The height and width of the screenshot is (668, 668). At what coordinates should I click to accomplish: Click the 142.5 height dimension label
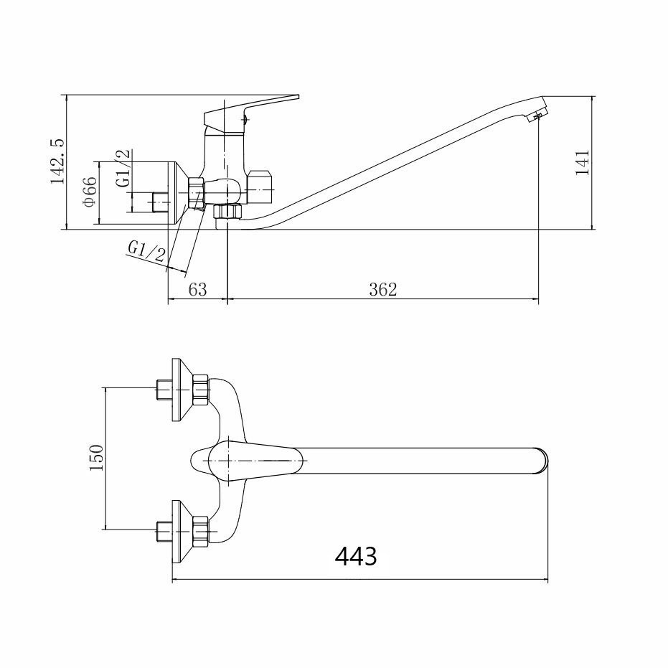coord(57,161)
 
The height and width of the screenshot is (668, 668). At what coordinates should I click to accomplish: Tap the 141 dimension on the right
coord(582,162)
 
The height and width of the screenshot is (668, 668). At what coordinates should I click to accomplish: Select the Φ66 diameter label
coord(90,192)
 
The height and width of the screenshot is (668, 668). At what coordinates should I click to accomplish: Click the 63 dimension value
coord(198,290)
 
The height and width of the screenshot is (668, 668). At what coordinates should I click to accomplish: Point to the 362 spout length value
coord(382,290)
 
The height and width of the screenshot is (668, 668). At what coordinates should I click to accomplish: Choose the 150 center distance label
coord(96,458)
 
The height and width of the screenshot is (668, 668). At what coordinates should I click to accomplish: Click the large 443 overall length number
coord(356,556)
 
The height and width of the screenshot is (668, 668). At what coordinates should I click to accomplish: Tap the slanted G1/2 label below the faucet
coord(147,252)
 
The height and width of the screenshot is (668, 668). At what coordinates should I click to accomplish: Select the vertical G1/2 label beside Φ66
coord(123,169)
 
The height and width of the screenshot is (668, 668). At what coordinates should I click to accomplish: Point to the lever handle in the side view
coord(251,112)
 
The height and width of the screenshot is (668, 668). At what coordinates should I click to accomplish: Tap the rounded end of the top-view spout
coord(541,461)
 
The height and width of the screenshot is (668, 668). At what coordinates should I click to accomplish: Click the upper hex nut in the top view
coord(201,390)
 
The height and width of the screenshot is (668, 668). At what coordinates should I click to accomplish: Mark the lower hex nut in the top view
coord(201,531)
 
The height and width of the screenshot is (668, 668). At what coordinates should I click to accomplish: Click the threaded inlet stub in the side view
coord(161,202)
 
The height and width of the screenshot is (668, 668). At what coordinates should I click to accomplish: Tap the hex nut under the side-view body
coord(227,211)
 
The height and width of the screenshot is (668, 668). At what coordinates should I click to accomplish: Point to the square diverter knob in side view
coord(260,187)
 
